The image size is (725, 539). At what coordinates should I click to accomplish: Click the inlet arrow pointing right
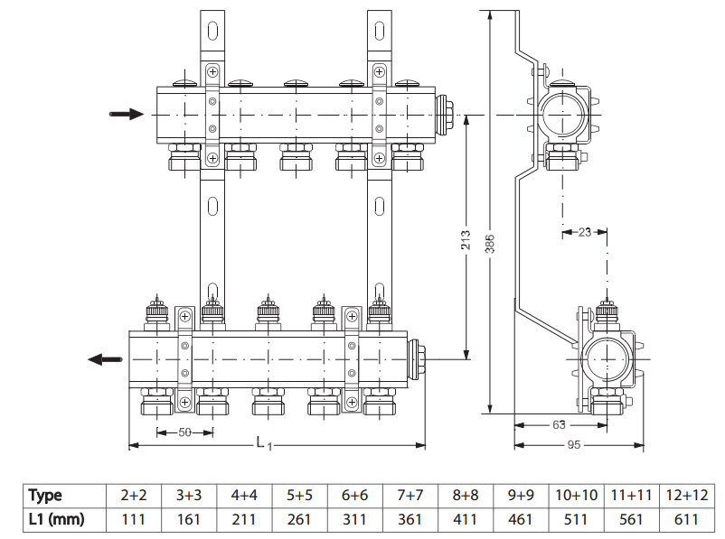pyautogui.click(x=126, y=114)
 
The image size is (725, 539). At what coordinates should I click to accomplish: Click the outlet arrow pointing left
pyautogui.click(x=105, y=359)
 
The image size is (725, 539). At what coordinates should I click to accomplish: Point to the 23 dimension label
pyautogui.click(x=584, y=232)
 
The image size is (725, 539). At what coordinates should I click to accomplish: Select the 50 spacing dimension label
pyautogui.click(x=184, y=432)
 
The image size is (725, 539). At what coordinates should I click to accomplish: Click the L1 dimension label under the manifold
pyautogui.click(x=263, y=443)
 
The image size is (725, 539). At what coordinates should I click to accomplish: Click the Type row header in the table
pyautogui.click(x=45, y=495)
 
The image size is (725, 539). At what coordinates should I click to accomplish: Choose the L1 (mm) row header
pyautogui.click(x=57, y=519)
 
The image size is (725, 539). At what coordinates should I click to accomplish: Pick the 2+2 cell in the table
pyautogui.click(x=133, y=495)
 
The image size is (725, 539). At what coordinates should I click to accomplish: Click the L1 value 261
pyautogui.click(x=298, y=519)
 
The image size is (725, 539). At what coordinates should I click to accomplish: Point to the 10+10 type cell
pyautogui.click(x=576, y=495)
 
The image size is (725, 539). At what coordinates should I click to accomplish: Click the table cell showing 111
pyautogui.click(x=133, y=519)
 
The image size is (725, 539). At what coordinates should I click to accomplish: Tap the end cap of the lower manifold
pyautogui.click(x=418, y=358)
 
